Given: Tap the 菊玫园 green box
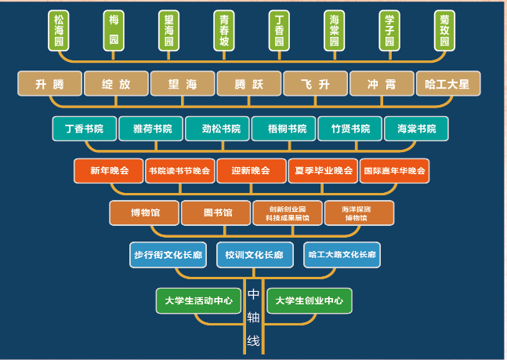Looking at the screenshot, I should click(x=445, y=31).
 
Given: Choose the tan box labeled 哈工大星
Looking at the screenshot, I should click(x=447, y=83).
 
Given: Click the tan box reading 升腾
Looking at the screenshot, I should click(x=49, y=83).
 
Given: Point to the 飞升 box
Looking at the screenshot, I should click(x=315, y=83).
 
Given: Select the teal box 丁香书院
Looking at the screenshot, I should click(x=84, y=128).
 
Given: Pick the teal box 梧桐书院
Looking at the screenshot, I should click(x=283, y=128).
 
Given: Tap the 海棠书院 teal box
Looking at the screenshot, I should click(x=416, y=128).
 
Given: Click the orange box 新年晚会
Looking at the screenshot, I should click(x=108, y=170).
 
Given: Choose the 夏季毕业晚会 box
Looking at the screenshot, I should click(x=323, y=170).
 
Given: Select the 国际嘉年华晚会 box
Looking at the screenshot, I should click(x=394, y=170).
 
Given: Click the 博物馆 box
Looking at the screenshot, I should click(x=144, y=213).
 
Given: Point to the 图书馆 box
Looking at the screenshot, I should click(x=216, y=213).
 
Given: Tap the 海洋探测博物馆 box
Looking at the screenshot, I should click(x=358, y=213).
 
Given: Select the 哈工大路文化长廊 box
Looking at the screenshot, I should click(x=342, y=255).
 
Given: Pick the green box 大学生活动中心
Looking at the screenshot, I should click(x=198, y=300).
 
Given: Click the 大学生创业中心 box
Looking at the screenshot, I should click(x=310, y=300).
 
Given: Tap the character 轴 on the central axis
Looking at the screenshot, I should click(x=253, y=317).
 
